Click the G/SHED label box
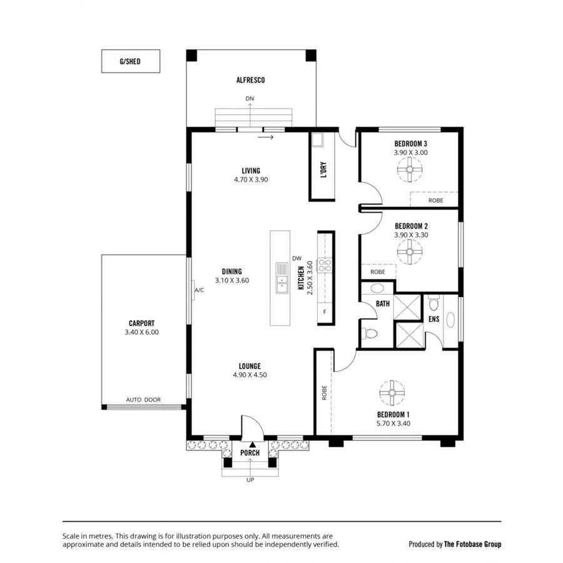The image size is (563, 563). [x=130, y=61]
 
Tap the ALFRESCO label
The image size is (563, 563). [x=250, y=80]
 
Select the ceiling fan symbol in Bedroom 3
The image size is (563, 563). [x=410, y=168]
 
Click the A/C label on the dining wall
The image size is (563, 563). [x=199, y=290]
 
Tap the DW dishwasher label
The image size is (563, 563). [x=297, y=258]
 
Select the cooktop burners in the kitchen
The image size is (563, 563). [x=325, y=265]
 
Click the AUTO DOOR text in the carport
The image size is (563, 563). [x=143, y=400]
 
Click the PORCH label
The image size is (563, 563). [x=250, y=453]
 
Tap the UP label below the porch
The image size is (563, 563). [x=250, y=480]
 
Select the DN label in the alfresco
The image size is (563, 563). [x=250, y=99]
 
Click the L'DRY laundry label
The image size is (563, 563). [x=323, y=171]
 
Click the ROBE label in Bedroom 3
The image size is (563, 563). [x=435, y=201]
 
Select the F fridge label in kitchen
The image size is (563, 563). [x=324, y=312]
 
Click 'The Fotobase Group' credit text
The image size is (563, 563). [x=472, y=544]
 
